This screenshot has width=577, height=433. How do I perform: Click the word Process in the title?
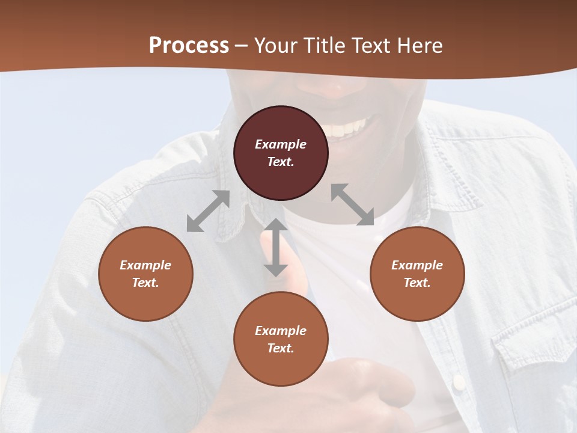pyautogui.click(x=189, y=46)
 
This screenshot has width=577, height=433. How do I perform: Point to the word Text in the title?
pyautogui.click(x=374, y=46)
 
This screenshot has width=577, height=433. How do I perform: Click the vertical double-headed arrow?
pyautogui.click(x=276, y=247)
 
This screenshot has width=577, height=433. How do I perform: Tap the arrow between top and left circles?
pyautogui.click(x=208, y=211)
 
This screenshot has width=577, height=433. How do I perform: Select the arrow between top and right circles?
pyautogui.click(x=352, y=204)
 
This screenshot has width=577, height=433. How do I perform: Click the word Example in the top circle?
pyautogui.click(x=281, y=144)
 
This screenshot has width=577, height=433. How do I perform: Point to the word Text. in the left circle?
pyautogui.click(x=145, y=283)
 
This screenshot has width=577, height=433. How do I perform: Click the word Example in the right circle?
pyautogui.click(x=417, y=265)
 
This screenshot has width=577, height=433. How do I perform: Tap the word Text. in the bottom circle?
pyautogui.click(x=281, y=348)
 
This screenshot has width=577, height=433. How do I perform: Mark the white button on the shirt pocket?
pyautogui.click(x=459, y=381)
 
